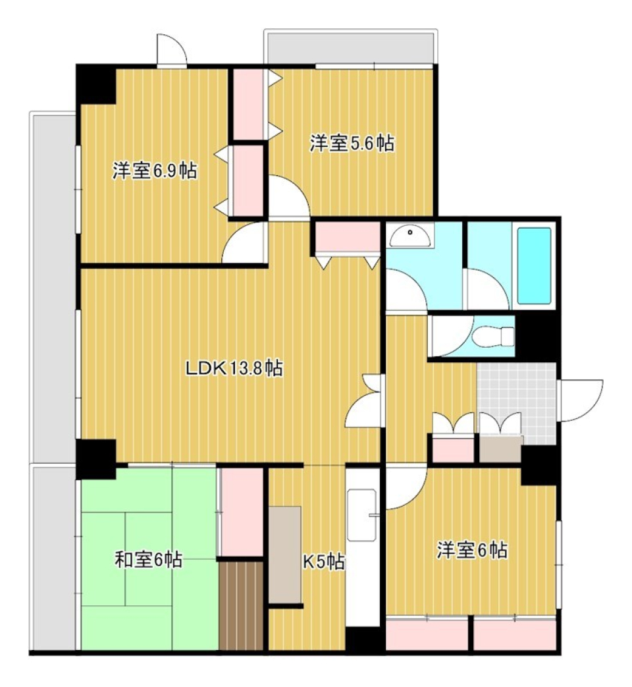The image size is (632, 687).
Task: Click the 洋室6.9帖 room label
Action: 154,172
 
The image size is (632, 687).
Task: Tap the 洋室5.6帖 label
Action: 352,144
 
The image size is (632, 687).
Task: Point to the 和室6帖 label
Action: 149,561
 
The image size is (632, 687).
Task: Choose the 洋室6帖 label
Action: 472,550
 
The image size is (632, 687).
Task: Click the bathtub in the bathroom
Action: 533,265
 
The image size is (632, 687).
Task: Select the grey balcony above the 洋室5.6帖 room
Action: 349,47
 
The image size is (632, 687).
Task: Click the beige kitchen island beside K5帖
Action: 284,554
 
